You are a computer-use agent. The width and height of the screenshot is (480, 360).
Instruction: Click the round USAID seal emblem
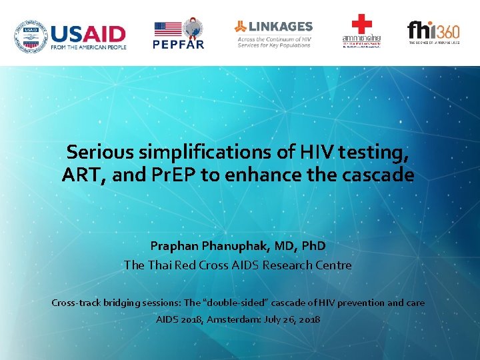[30, 36]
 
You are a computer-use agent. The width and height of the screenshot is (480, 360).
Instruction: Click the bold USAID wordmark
[87, 33]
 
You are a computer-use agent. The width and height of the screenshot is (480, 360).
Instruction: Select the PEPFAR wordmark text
[178, 45]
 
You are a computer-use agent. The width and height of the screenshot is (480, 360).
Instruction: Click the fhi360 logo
[433, 31]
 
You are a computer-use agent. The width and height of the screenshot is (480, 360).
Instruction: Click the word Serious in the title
[101, 153]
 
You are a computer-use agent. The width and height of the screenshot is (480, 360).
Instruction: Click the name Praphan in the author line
[175, 246]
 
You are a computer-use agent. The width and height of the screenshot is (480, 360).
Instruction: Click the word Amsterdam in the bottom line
[234, 319]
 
